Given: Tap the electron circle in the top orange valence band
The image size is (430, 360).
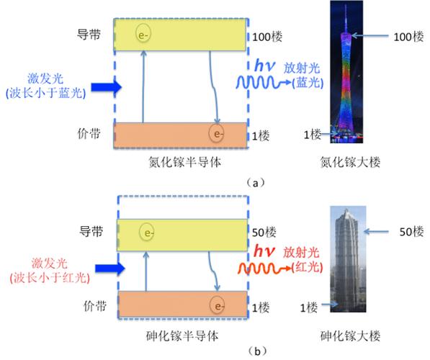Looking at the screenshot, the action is pos(216,133).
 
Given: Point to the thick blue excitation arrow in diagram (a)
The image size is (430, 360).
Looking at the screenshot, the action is pos(106,87).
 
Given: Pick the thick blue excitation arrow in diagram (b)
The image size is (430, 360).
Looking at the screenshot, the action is pos(110,268).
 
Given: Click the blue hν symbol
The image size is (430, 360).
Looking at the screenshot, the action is pos(264,66).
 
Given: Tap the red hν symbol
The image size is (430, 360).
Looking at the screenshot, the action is pos(264,251).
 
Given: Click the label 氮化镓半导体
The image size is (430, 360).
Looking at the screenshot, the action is pos(185,162).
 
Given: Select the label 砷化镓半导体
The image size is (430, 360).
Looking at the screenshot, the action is pos(182,336).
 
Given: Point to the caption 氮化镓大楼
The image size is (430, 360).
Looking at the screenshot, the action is pos(350,162).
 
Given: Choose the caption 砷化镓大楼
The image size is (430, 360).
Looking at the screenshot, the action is pos(350,336).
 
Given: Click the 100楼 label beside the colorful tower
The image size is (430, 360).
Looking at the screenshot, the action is pos(408,37).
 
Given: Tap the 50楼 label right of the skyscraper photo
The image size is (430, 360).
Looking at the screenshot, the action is pos(411,232).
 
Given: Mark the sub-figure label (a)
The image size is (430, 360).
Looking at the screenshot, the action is pos(256,183).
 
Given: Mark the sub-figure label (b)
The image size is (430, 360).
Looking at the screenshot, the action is pos(257,351).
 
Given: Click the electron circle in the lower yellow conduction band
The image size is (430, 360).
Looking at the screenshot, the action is pos(147,233).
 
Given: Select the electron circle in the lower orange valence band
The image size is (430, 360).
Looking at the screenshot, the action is pos(218,305).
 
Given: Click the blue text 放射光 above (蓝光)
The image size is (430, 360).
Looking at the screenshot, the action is pos(302,68).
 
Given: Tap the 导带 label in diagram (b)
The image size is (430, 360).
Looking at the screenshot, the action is pos(91,231).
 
